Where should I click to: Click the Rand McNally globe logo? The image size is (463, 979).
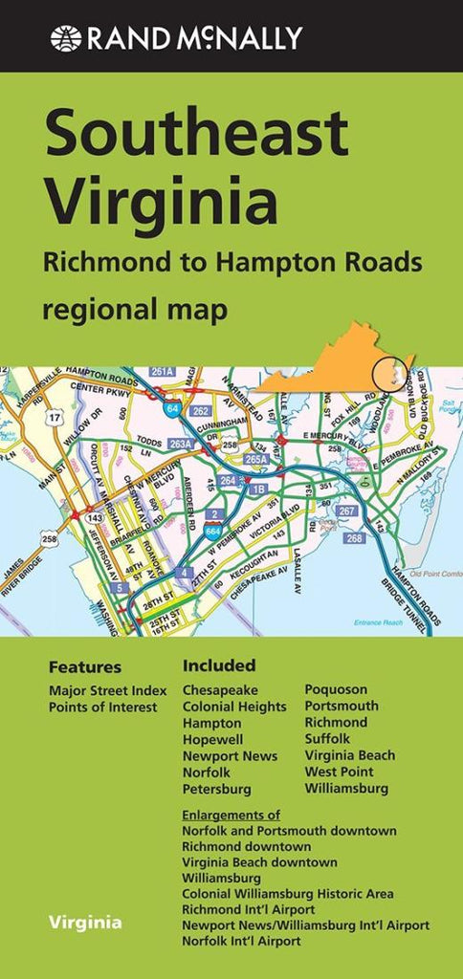pyautogui.click(x=67, y=38)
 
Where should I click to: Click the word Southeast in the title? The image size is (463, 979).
pyautogui.click(x=196, y=135)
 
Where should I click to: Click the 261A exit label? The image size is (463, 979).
pyautogui.click(x=161, y=371)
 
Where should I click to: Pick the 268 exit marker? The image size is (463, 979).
pyautogui.click(x=355, y=538)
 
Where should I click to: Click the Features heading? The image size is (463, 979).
pyautogui.click(x=85, y=667)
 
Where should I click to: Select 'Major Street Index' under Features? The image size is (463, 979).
pyautogui.click(x=108, y=690)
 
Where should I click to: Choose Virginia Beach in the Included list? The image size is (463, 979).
pyautogui.click(x=349, y=755)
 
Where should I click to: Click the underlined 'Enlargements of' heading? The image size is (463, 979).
pyautogui.click(x=231, y=815)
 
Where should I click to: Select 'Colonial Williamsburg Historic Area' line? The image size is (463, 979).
pyautogui.click(x=288, y=894)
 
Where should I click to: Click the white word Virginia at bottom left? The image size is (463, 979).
pyautogui.click(x=85, y=923)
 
